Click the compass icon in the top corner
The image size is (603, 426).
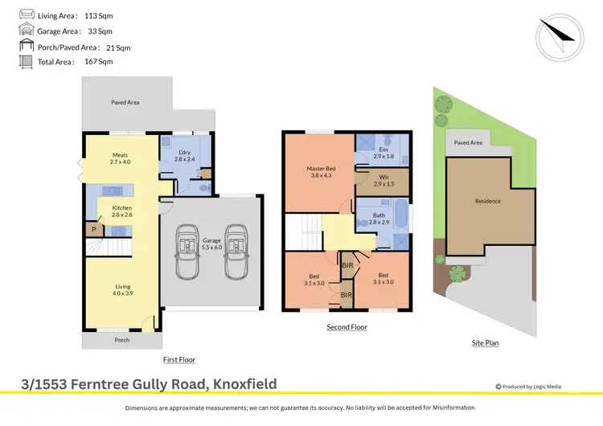click(x=559, y=35)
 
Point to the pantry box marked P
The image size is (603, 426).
click(x=93, y=229)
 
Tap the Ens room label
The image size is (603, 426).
click(x=383, y=153)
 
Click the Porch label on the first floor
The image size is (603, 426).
click(x=122, y=340)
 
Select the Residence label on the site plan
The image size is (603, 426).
click(x=487, y=201)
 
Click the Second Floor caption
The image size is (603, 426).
click(x=347, y=327)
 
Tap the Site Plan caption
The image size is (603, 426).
click(x=485, y=343)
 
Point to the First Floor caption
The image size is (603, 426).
click(x=178, y=360)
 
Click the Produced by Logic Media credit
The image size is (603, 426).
click(x=528, y=387)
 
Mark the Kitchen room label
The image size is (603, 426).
click(x=121, y=212)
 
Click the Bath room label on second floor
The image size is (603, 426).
click(x=377, y=215)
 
